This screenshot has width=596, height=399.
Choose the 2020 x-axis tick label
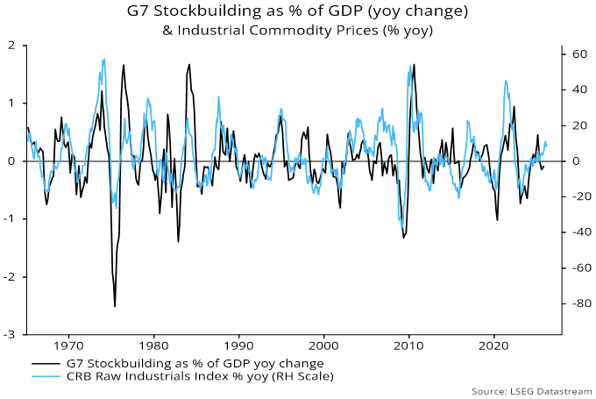pyautogui.click(x=495, y=346)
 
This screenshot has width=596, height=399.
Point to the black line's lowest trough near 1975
pyautogui.click(x=115, y=306)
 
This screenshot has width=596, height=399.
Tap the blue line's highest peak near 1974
pyautogui.click(x=104, y=59)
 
